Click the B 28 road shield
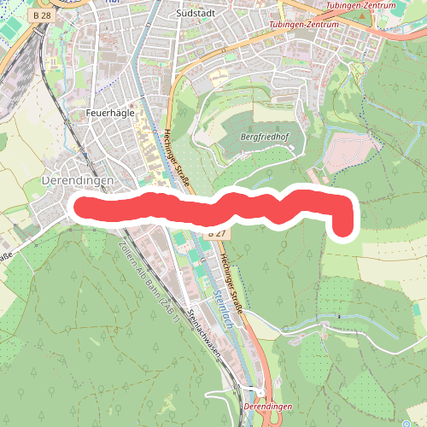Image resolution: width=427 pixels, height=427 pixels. click(38, 15)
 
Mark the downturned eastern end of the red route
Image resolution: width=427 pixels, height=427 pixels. click(343, 229)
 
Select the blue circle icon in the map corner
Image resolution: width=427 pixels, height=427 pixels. click(402, 423)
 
